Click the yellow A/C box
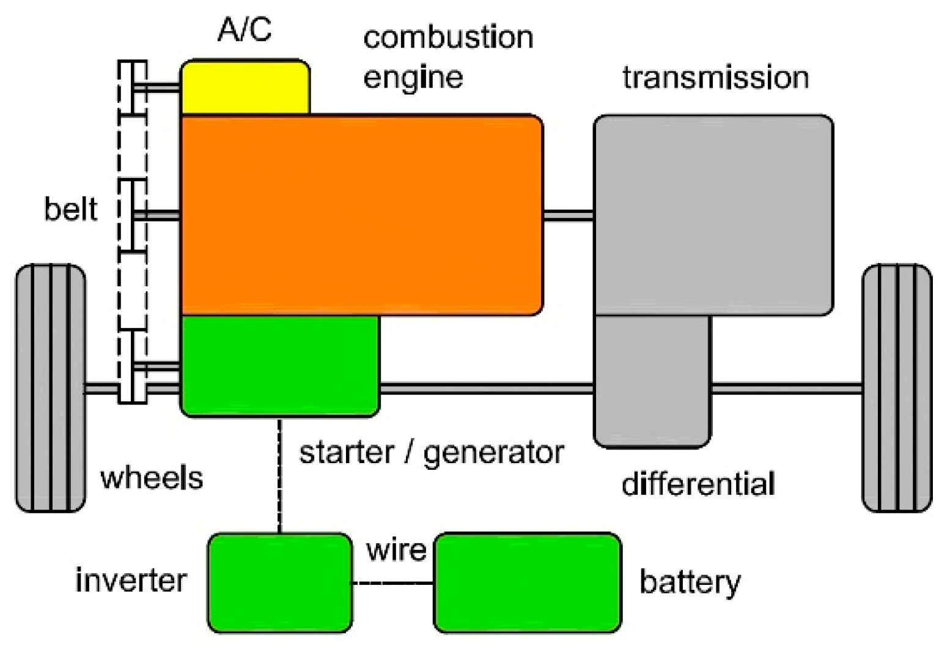pos(245,87)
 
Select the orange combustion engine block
pos(361,214)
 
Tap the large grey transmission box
pos(713,214)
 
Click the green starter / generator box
pos(279,366)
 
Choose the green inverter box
pos(279,582)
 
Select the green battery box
pos(527,582)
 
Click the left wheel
pos(50,388)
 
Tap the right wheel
pos(896,388)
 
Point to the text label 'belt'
pos(70,209)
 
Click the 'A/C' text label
pos(245,29)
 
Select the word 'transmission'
pos(715,78)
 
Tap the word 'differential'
pos(698,484)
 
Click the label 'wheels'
pos(152,478)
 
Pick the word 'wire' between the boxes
pos(396,549)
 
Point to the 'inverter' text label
pos(131,580)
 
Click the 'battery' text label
pos(690,581)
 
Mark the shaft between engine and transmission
pos(568,215)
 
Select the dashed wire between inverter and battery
pos(392,583)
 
